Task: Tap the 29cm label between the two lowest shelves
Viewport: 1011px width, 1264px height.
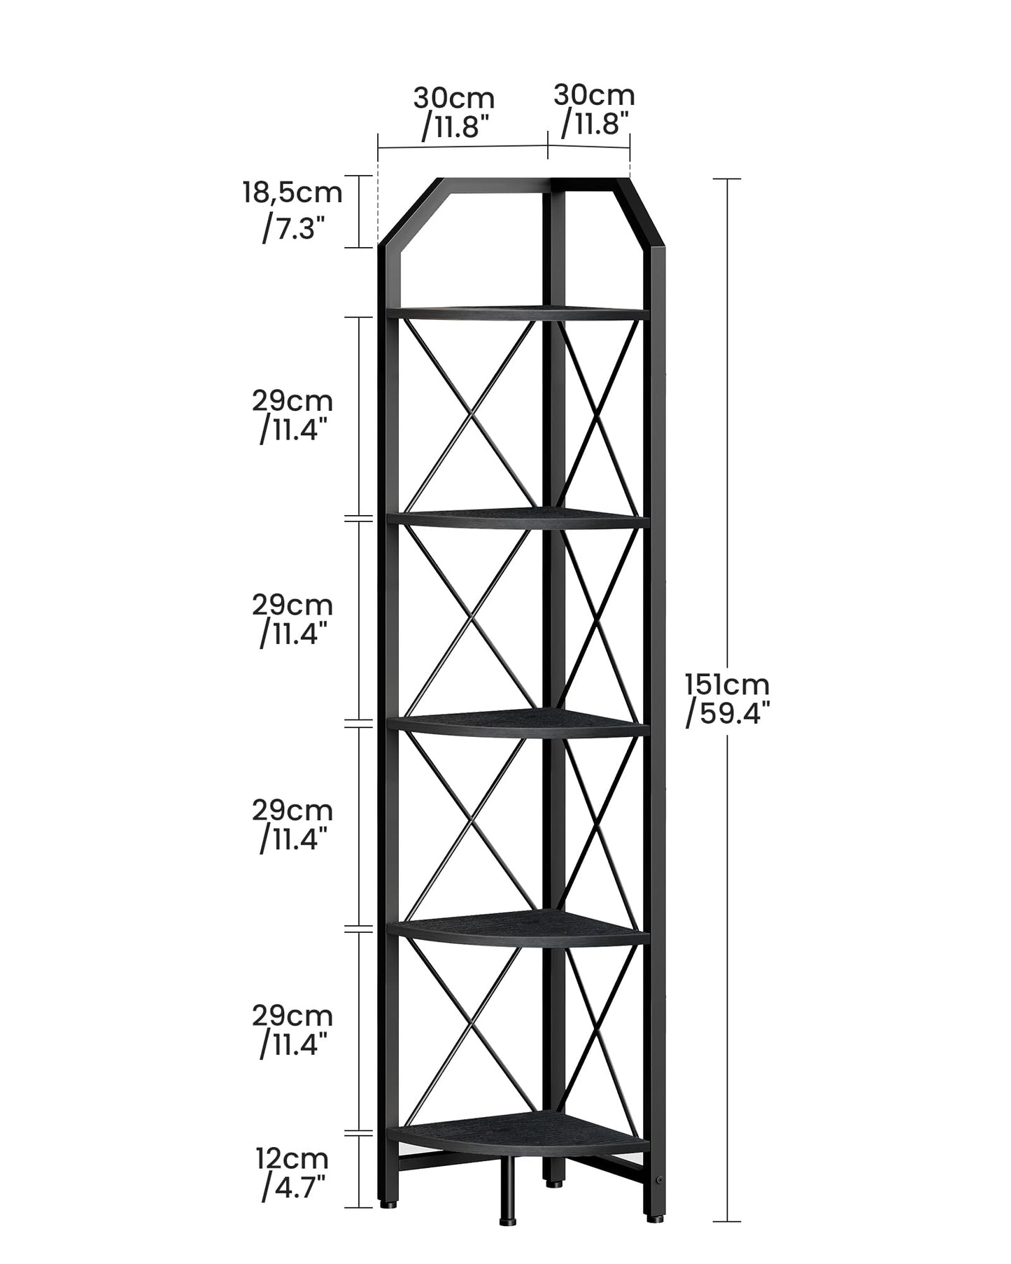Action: click(x=292, y=1015)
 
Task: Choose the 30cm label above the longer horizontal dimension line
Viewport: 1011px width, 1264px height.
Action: click(x=453, y=97)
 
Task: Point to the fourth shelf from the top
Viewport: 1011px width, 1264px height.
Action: click(x=518, y=929)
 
